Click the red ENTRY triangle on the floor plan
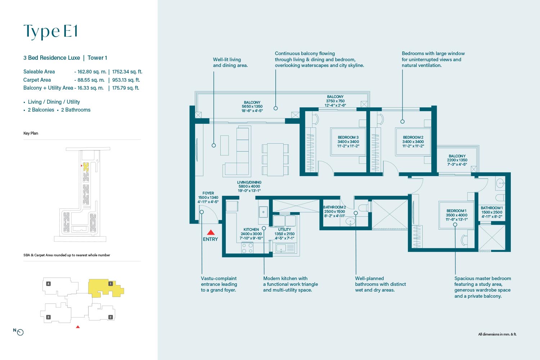tap(211, 232)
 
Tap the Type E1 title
tap(51, 31)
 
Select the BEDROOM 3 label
tap(348, 138)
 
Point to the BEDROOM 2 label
tap(413, 138)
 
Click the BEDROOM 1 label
tap(456, 211)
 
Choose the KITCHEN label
tap(251, 230)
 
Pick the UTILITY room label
tap(284, 230)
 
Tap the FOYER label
tap(208, 193)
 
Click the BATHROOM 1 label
tap(491, 208)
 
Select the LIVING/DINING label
tap(249, 182)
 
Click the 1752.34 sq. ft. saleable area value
tap(127, 72)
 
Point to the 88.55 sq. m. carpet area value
tap(91, 80)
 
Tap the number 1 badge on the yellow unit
tap(111, 284)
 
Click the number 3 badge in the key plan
tap(48, 317)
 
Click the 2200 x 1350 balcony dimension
tap(457, 160)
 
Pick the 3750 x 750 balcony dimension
tap(335, 101)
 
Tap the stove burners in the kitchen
tap(247, 248)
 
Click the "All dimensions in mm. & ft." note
tap(497, 334)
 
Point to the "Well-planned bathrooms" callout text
tap(381, 284)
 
